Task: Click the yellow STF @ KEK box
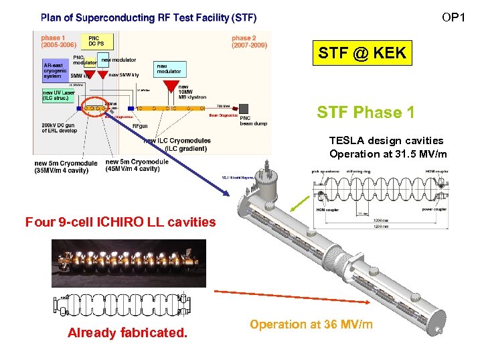coord(362,53)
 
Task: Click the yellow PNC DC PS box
coord(96,41)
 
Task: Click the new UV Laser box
coord(60,95)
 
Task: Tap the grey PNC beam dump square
coord(244,108)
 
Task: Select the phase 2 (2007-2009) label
coord(250,42)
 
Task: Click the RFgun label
coord(140,125)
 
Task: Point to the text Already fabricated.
coord(127,333)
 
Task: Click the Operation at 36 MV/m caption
coord(311,324)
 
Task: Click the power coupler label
coord(434,208)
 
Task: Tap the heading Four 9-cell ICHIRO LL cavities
coord(120,221)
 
